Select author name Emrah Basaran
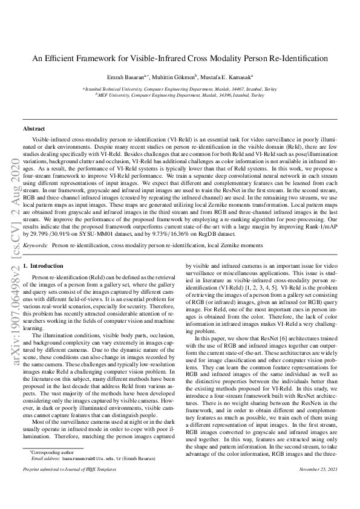(139, 77)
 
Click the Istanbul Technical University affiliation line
(180, 88)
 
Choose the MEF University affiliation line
(180, 95)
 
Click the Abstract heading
(34, 129)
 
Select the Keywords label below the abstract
(36, 247)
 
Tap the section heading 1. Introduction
(43, 266)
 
